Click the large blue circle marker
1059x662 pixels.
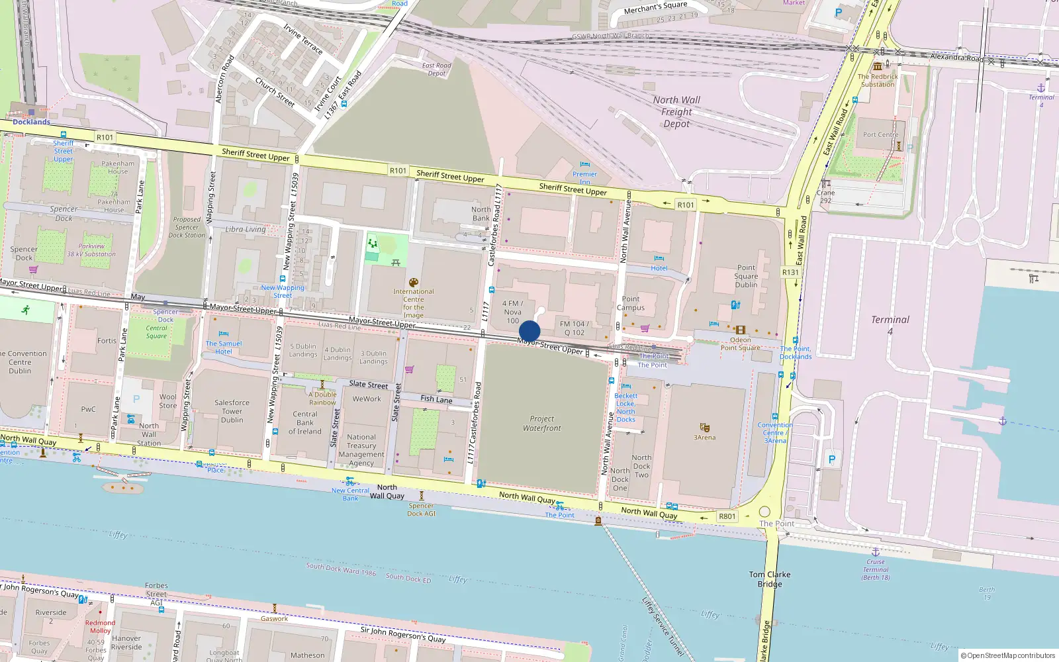[529, 331]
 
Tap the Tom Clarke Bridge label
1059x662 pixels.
[770, 579]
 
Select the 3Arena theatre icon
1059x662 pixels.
[704, 428]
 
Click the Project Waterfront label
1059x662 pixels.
[541, 424]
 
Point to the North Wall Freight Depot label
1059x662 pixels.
[676, 111]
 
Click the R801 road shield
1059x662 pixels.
[727, 516]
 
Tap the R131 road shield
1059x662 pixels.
[790, 272]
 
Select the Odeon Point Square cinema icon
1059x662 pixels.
[740, 330]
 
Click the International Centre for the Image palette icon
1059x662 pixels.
[414, 282]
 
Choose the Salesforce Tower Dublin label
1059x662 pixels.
[232, 411]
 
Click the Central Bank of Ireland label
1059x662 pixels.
[305, 422]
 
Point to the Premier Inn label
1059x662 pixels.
[584, 177]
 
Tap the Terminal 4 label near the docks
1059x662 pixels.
[890, 324]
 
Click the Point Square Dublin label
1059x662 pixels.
[746, 276]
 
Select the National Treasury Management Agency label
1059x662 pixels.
[361, 450]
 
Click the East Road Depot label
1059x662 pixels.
[436, 70]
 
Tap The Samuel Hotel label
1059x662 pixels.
[224, 348]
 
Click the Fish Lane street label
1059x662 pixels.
[436, 399]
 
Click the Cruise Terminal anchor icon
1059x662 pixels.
[875, 551]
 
